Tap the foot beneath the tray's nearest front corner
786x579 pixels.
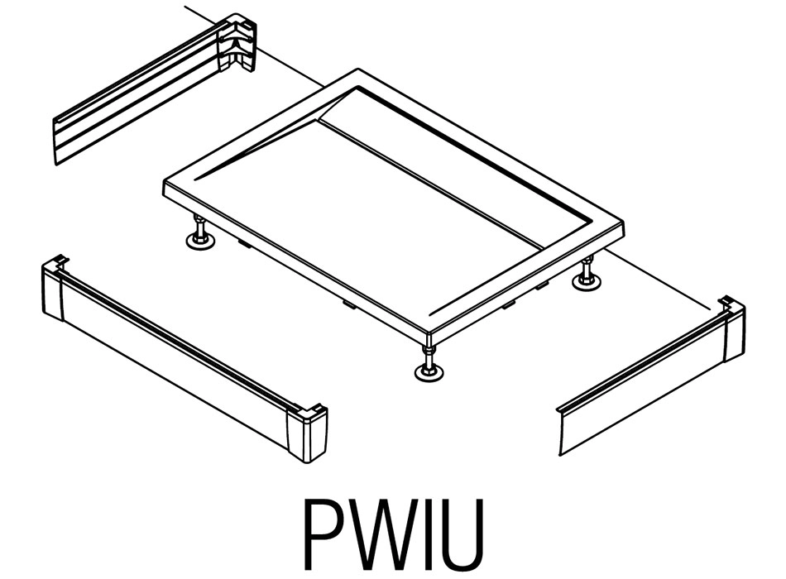click(x=428, y=369)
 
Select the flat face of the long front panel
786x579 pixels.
click(x=174, y=364)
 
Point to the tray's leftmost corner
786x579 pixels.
click(x=166, y=185)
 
